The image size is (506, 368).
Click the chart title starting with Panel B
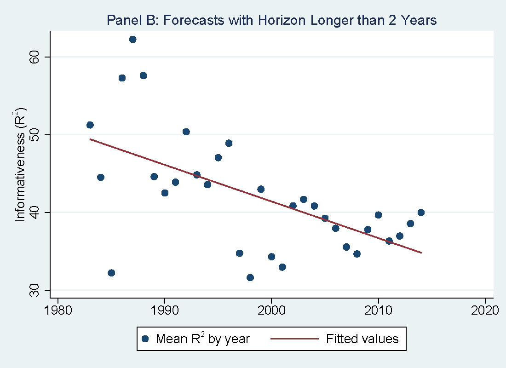(271, 20)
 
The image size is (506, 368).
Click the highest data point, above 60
(132, 39)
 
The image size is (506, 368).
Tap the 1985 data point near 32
(111, 273)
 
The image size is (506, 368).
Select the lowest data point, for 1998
(250, 277)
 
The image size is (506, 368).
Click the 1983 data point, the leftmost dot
(90, 125)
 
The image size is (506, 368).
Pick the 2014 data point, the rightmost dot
(421, 213)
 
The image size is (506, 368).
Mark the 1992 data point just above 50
(186, 132)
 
